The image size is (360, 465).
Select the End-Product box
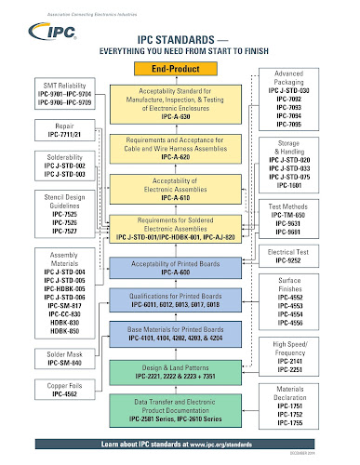177,69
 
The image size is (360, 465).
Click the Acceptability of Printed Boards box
177,267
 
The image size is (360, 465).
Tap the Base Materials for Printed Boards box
177,334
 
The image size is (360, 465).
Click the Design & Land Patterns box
177,376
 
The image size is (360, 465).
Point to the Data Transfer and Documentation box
177,411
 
